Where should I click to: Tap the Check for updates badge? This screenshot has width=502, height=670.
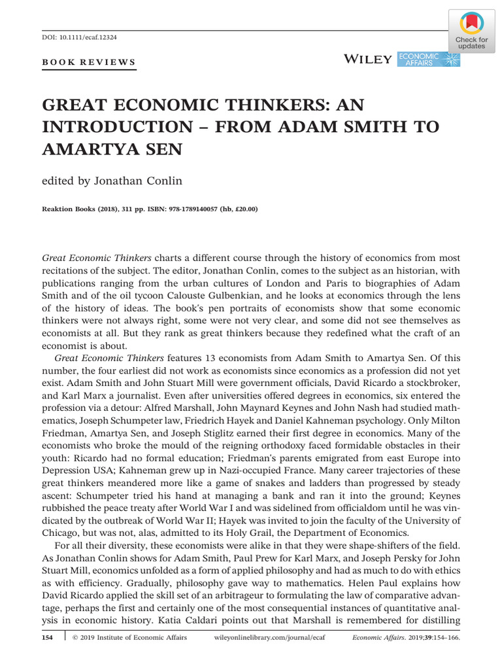point(471,31)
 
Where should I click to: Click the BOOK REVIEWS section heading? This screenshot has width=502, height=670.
point(89,63)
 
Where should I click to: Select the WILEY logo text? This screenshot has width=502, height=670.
point(368,60)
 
